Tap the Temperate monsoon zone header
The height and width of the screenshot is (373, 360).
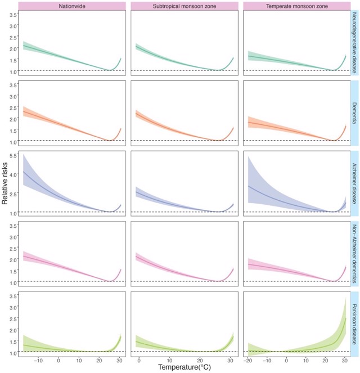coord(298,6)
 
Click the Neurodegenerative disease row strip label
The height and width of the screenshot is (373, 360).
coord(355,44)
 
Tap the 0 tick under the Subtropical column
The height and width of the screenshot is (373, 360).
coord(138,358)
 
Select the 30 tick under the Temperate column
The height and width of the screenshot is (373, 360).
coord(343,358)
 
